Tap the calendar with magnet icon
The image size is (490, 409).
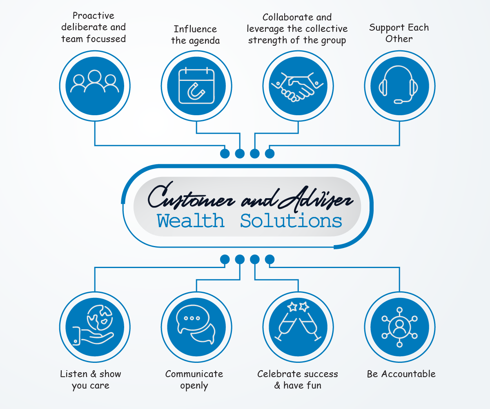click(196, 86)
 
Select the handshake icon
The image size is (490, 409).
click(298, 86)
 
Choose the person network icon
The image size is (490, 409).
click(399, 327)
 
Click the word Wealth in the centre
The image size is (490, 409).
click(191, 221)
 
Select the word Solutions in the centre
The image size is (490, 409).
click(291, 221)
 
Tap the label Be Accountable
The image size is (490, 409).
click(401, 374)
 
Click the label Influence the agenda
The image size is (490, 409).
click(196, 35)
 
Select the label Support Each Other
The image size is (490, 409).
click(399, 33)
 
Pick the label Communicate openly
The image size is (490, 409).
click(194, 380)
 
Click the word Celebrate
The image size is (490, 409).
click(277, 374)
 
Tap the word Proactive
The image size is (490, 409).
click(94, 16)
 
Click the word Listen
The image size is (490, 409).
click(74, 374)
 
